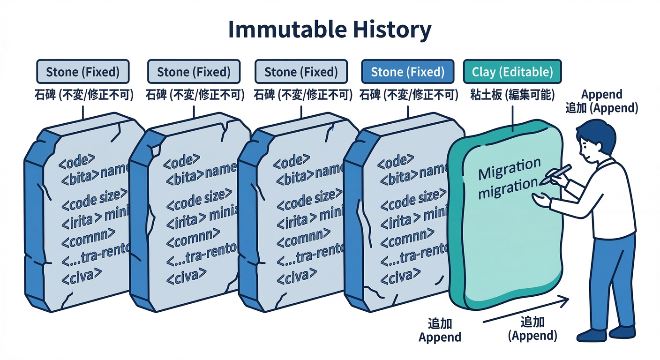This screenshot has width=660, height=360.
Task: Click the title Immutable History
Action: (x=330, y=30)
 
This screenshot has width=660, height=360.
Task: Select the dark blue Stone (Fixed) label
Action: (x=407, y=72)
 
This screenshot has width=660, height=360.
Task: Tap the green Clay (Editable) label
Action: (x=512, y=72)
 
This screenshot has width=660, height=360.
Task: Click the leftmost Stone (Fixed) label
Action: (x=82, y=72)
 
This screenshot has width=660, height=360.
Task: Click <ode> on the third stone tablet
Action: (x=291, y=161)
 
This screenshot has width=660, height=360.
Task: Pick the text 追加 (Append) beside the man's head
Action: (x=601, y=108)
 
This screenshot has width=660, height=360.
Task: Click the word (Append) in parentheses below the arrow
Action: (x=532, y=336)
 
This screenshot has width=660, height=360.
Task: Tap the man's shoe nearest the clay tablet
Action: (x=592, y=335)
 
